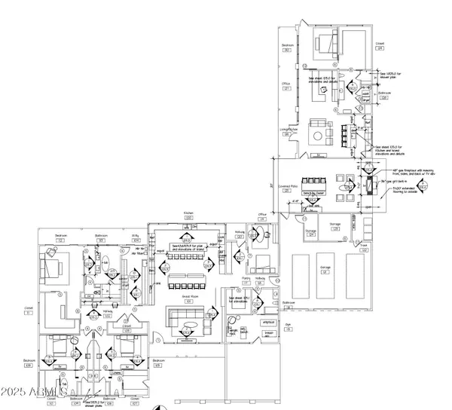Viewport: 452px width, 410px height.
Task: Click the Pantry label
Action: click(x=224, y=279)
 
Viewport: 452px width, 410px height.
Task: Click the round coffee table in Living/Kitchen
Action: click(x=315, y=136)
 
